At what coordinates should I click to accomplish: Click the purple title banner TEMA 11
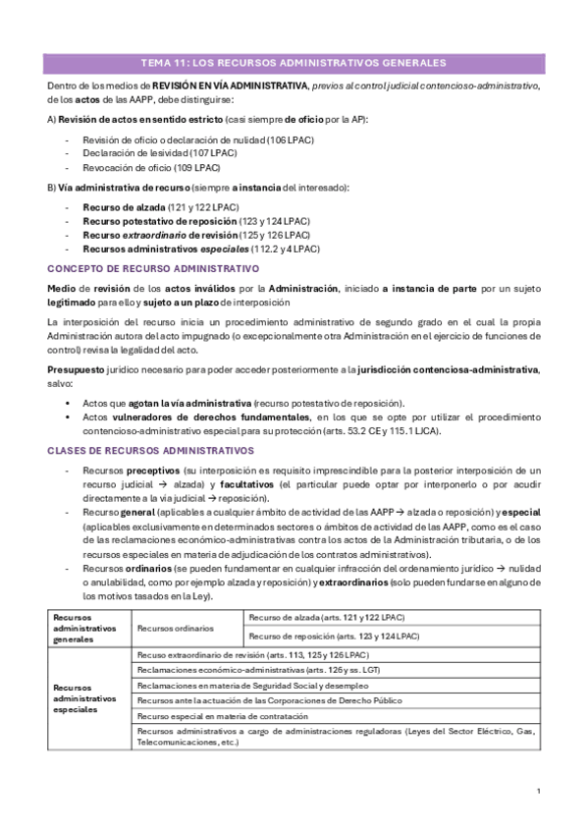pos(294,63)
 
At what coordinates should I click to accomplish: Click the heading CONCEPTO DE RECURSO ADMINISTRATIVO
pos(153,268)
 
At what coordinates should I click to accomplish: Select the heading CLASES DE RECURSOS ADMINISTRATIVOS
pos(151,450)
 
